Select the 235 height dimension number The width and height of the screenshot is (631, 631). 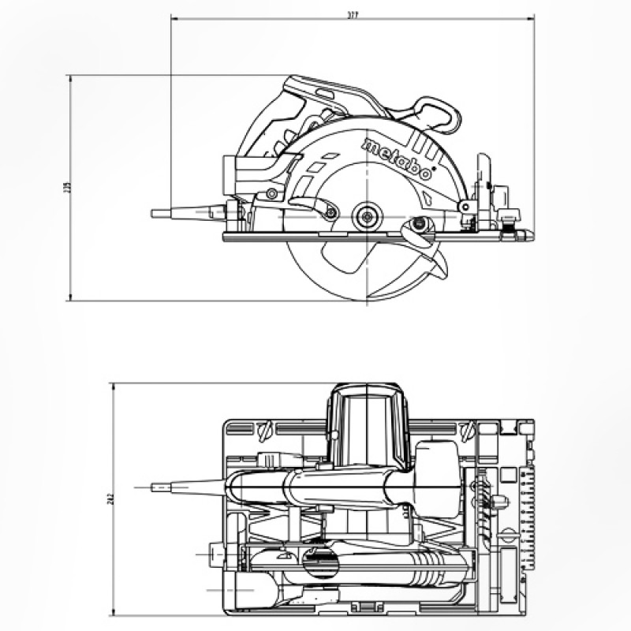coord(68,188)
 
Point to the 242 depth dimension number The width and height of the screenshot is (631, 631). coord(111,501)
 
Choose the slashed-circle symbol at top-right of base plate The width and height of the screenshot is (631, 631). coord(466,430)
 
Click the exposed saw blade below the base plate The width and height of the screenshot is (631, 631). coord(347,272)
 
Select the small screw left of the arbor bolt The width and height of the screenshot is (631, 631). coord(331,212)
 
